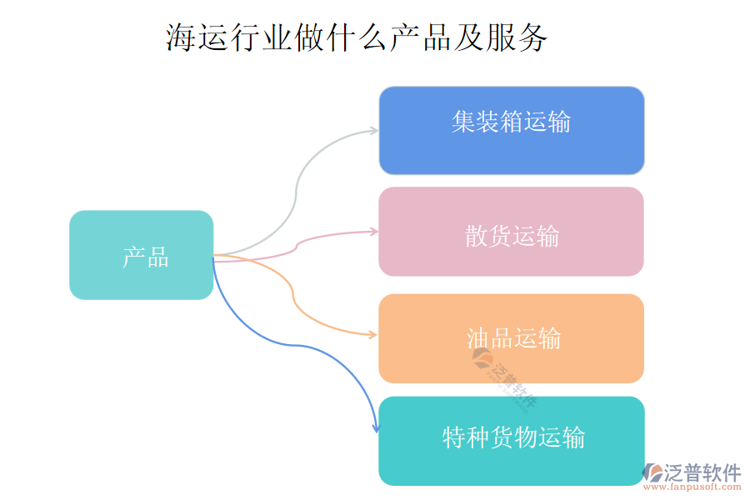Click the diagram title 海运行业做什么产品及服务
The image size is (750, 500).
(x=357, y=38)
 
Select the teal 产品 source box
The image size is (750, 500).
(x=141, y=255)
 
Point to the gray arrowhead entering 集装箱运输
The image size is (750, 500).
(x=373, y=131)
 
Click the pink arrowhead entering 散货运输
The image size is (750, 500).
(x=373, y=232)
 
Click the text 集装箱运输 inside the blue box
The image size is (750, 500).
(x=511, y=122)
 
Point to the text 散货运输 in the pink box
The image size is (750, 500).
(x=512, y=237)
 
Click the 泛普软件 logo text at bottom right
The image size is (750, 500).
(x=702, y=472)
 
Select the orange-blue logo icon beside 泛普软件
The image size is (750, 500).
(x=652, y=472)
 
